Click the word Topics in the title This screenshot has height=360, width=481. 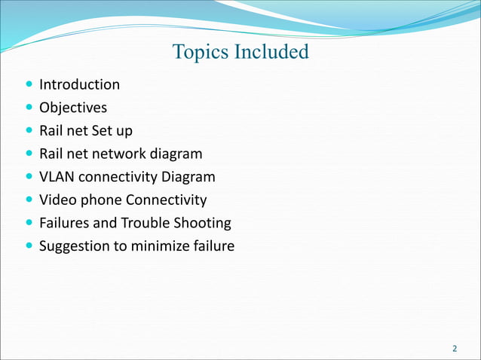(198, 52)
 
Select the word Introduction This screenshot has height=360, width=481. (79, 84)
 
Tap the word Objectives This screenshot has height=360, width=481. (73, 108)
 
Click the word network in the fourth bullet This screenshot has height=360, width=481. (120, 154)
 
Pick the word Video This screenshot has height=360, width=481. (58, 200)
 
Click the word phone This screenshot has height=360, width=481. (101, 200)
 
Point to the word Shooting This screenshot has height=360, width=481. (204, 224)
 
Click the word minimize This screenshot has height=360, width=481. (160, 247)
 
